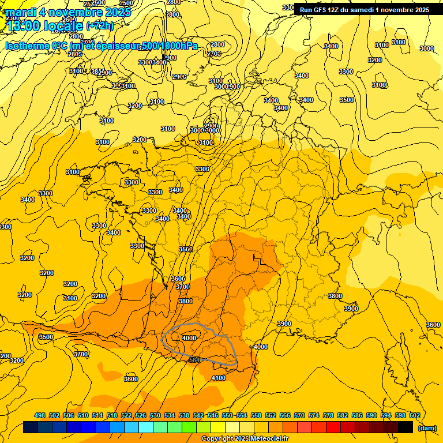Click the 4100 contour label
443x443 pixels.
[219, 378]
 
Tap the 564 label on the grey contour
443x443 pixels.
[194, 360]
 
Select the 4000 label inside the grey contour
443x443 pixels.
[189, 338]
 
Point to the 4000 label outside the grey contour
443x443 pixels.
[261, 347]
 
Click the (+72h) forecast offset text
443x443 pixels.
[100, 25]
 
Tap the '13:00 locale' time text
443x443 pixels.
[44, 25]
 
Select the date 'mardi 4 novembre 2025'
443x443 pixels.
[68, 12]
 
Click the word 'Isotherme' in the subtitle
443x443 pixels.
[26, 46]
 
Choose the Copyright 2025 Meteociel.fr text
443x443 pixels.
[245, 439]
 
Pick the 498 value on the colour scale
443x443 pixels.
[40, 415]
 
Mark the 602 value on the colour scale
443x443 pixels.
[415, 415]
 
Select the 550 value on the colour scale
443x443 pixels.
[227, 415]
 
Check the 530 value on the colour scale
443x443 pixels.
[155, 415]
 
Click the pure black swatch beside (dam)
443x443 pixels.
[406, 427]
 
